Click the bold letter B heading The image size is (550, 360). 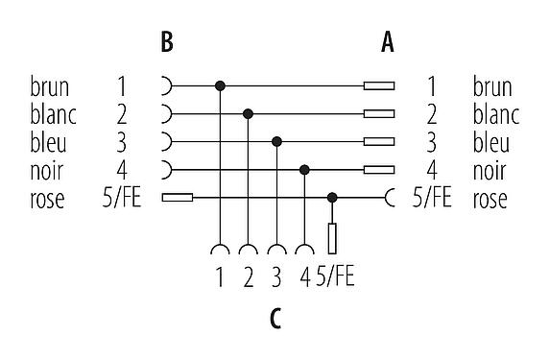167,42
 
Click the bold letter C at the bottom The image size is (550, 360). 275,317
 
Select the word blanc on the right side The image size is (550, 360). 495,115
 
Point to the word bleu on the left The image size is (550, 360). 48,143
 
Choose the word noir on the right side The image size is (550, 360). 490,172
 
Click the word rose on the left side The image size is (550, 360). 47,200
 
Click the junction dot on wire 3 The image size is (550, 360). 276,142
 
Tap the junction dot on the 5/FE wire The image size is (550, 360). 332,198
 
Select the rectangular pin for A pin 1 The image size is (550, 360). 379,85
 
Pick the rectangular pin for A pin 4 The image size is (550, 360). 379,170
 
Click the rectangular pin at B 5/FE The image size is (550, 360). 179,199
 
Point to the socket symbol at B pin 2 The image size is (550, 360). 169,114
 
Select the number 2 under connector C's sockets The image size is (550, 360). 249,279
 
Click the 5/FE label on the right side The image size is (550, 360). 431,200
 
